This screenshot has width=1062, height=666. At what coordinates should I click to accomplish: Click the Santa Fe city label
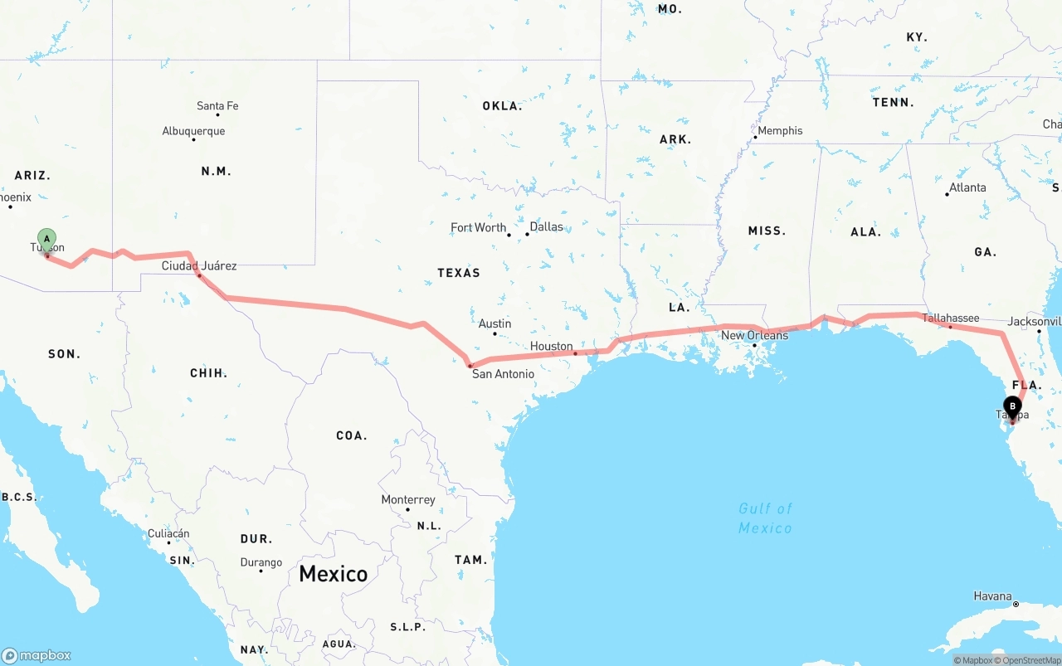pyautogui.click(x=217, y=106)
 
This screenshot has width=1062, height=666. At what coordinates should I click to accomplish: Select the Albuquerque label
pyautogui.click(x=193, y=131)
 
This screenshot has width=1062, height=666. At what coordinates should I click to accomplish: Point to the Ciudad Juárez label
pyautogui.click(x=199, y=265)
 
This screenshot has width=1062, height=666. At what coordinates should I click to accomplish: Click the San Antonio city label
pyautogui.click(x=503, y=374)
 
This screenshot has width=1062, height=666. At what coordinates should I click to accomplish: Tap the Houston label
pyautogui.click(x=552, y=346)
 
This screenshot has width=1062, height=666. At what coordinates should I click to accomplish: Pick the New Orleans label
pyautogui.click(x=754, y=335)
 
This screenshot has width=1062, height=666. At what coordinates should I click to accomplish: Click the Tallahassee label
pyautogui.click(x=951, y=318)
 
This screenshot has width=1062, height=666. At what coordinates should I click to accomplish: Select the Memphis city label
pyautogui.click(x=780, y=130)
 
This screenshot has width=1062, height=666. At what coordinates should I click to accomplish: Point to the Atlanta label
pyautogui.click(x=967, y=187)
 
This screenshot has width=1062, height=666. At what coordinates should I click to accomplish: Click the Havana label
pyautogui.click(x=993, y=596)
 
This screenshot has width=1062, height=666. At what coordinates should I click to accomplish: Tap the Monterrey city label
pyautogui.click(x=408, y=499)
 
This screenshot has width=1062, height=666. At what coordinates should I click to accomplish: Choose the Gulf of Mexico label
pyautogui.click(x=765, y=518)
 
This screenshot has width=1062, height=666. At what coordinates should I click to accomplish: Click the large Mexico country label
pyautogui.click(x=333, y=573)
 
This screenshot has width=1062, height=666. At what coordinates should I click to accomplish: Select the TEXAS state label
pyautogui.click(x=459, y=272)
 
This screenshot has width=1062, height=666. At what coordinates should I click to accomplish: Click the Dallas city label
pyautogui.click(x=546, y=226)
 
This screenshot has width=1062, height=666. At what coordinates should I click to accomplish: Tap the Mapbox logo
pyautogui.click(x=37, y=655)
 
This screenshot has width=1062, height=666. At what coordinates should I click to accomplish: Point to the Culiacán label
pyautogui.click(x=168, y=533)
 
